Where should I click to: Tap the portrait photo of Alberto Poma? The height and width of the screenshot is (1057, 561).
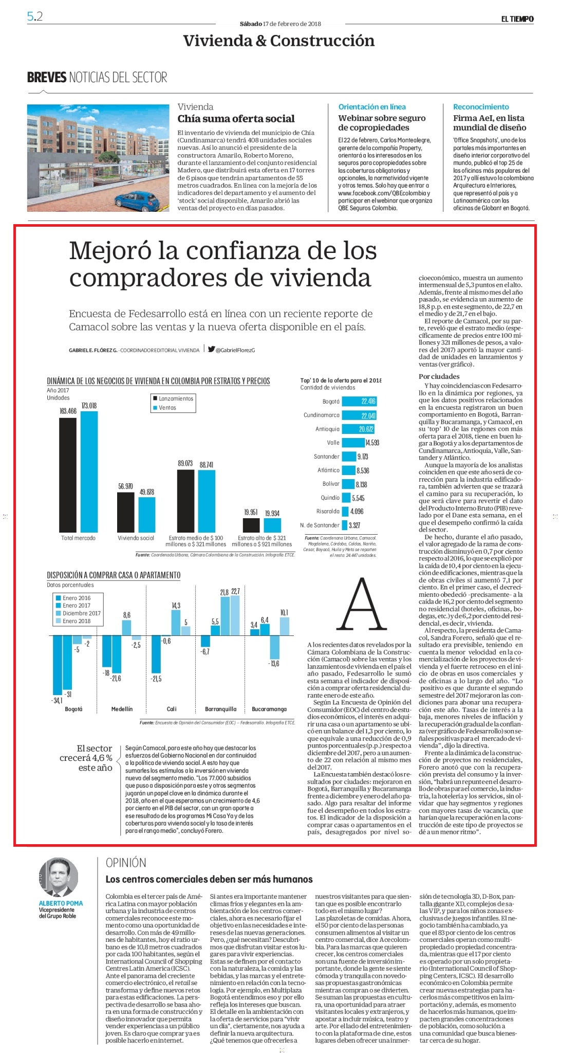tap(59, 878)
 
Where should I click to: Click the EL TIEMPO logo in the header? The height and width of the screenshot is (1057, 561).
tap(517, 19)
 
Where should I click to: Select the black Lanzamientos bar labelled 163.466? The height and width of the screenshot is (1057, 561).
tap(68, 475)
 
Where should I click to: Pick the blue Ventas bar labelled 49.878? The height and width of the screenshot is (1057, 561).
tap(146, 515)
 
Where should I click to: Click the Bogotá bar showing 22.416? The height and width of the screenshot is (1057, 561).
tap(359, 402)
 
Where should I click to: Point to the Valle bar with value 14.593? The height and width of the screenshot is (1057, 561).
tap(353, 443)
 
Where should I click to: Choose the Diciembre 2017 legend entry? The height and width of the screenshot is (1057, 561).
tap(78, 613)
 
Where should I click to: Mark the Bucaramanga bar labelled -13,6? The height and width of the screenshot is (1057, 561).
tap(274, 647)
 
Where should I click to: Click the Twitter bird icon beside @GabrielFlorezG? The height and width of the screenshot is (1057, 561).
tap(212, 350)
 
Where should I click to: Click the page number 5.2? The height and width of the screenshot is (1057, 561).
tap(35, 16)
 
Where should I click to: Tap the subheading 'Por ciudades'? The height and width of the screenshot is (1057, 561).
tap(439, 376)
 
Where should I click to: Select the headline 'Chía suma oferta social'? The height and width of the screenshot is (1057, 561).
tap(236, 119)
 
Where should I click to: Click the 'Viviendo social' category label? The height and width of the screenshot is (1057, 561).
tap(136, 538)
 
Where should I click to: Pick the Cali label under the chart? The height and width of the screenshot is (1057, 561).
tap(172, 709)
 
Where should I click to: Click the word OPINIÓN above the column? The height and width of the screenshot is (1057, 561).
tap(126, 863)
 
